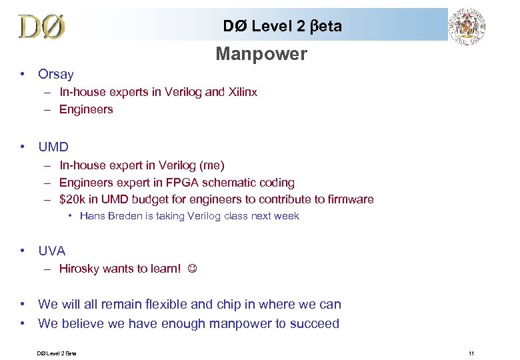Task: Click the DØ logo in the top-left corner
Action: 41,27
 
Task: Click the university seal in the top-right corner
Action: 467,27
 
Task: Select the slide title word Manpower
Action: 261,54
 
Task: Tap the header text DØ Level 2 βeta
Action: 282,26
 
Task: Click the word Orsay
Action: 56,74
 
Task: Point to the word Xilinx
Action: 242,92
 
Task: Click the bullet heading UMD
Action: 53,147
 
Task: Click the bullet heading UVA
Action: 52,251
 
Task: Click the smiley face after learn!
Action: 191,269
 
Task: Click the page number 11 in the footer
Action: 471,353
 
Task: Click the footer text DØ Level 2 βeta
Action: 57,353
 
